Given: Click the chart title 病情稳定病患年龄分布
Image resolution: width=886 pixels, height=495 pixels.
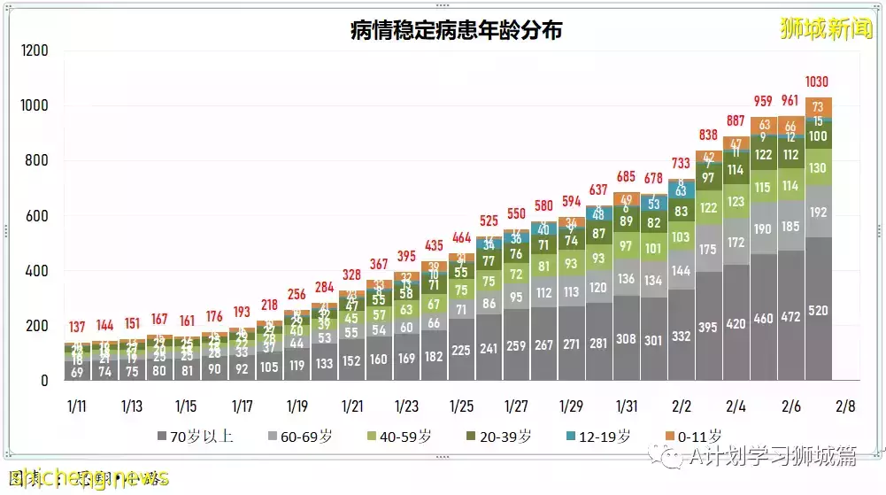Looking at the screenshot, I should coord(456,30).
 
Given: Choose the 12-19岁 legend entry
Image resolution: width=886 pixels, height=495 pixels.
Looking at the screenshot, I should coord(599,436).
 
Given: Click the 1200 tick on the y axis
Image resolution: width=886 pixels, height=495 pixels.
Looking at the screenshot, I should coord(35,51).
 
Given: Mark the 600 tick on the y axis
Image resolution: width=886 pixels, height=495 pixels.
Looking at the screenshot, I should coord(39,216).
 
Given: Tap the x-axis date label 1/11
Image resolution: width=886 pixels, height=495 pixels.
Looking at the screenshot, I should coord(77,406).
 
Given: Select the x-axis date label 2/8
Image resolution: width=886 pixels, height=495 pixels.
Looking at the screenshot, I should coord(845,406).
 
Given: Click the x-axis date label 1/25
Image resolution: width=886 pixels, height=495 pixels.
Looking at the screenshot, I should coord(462,406).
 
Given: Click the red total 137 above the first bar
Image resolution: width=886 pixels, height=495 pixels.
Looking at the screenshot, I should coord(77,328).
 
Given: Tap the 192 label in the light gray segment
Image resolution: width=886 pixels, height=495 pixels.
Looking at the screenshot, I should coord(819,213).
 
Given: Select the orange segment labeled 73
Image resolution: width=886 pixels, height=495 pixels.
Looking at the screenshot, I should coord(819,107).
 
